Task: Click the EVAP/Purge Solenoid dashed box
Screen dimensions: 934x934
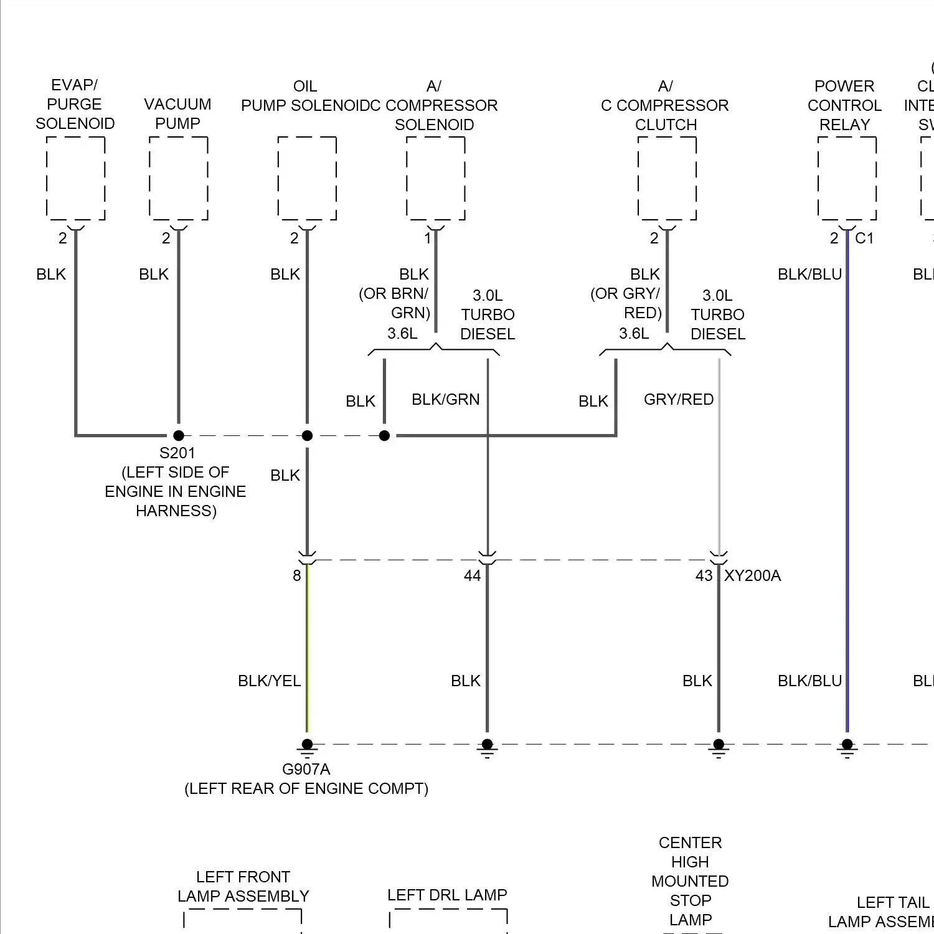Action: coord(75,178)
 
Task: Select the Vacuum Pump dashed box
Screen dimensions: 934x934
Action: coord(178,178)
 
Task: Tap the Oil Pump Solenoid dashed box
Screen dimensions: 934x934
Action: coord(307,178)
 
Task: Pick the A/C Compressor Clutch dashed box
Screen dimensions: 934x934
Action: coord(667,178)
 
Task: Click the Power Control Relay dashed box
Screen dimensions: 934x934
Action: coord(847,178)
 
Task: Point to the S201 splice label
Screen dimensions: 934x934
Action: coord(177,453)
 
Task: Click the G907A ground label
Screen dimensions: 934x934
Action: coord(306,770)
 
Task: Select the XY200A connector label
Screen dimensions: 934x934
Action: coord(752,576)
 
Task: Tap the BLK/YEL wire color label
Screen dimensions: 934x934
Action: coord(269,681)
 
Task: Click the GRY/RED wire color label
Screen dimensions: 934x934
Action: coord(679,400)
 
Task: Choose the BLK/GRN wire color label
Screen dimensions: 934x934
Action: coord(446,400)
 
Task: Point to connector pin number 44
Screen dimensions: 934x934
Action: coord(472,576)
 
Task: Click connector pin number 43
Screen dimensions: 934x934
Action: coord(704,576)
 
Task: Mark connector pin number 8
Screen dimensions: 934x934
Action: coord(297,576)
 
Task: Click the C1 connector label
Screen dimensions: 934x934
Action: coord(864,238)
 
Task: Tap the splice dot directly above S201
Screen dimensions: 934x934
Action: coord(179,436)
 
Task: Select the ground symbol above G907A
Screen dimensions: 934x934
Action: coord(307,747)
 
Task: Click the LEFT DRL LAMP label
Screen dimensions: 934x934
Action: coord(447,895)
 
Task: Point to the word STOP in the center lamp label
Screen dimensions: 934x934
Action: coord(691,901)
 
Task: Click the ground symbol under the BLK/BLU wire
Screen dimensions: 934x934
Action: coord(847,747)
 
